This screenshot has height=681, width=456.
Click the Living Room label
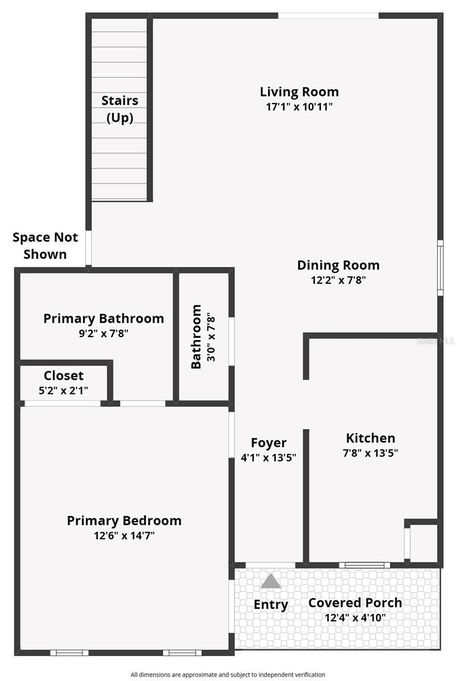299,91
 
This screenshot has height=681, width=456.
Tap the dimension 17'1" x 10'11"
299,107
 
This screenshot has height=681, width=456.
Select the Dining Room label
338,264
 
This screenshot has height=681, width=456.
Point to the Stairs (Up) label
120,109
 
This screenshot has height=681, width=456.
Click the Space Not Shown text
45,245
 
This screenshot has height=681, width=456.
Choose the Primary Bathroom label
103,318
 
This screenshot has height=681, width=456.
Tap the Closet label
64,375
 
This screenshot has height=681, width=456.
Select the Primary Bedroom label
124,520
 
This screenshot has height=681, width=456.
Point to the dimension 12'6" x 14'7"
124,535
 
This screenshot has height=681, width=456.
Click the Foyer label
269,443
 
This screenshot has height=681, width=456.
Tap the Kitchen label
370,438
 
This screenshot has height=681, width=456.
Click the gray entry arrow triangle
271,581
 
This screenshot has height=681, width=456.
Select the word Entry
271,604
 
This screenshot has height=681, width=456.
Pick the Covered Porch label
355,602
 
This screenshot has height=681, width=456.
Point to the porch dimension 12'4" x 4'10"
355,617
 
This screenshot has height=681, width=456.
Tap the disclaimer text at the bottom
228,675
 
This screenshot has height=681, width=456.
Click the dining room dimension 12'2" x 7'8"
338,280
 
